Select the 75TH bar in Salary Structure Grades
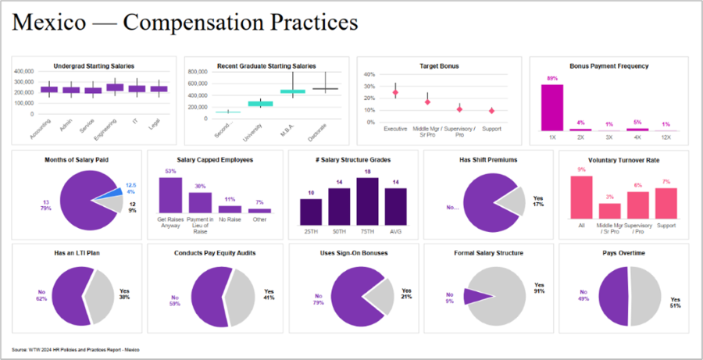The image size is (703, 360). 367,201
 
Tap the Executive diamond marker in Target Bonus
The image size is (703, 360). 395,93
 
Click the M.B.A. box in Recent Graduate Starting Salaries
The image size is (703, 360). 292,91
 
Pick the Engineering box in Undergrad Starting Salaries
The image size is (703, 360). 115,87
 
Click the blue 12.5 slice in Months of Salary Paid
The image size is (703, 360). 113,191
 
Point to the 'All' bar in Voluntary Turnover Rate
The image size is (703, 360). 581,197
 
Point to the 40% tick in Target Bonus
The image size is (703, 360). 370,75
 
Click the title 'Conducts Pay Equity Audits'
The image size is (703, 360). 216,253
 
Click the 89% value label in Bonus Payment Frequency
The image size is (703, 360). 552,79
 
